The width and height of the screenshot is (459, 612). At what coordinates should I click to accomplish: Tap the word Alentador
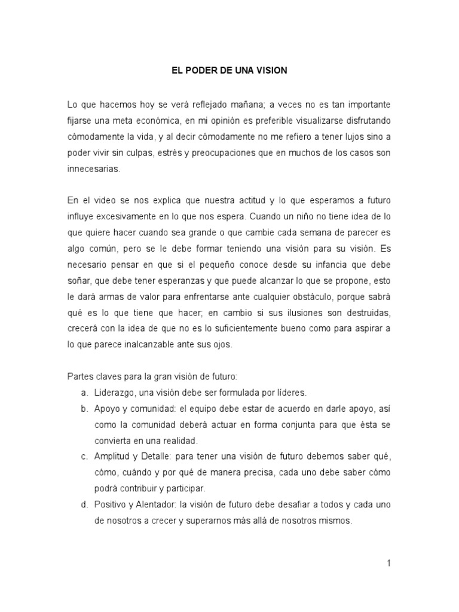(156, 504)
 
